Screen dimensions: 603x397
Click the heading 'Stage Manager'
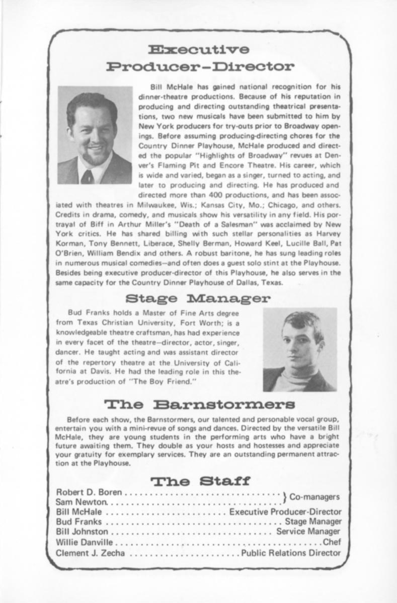tap(198, 299)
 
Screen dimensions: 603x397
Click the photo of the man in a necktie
tap(95, 135)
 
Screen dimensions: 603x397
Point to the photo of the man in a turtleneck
tap(300, 350)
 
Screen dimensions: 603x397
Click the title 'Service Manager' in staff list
tap(308, 531)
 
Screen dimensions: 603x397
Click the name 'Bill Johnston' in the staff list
tap(82, 531)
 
